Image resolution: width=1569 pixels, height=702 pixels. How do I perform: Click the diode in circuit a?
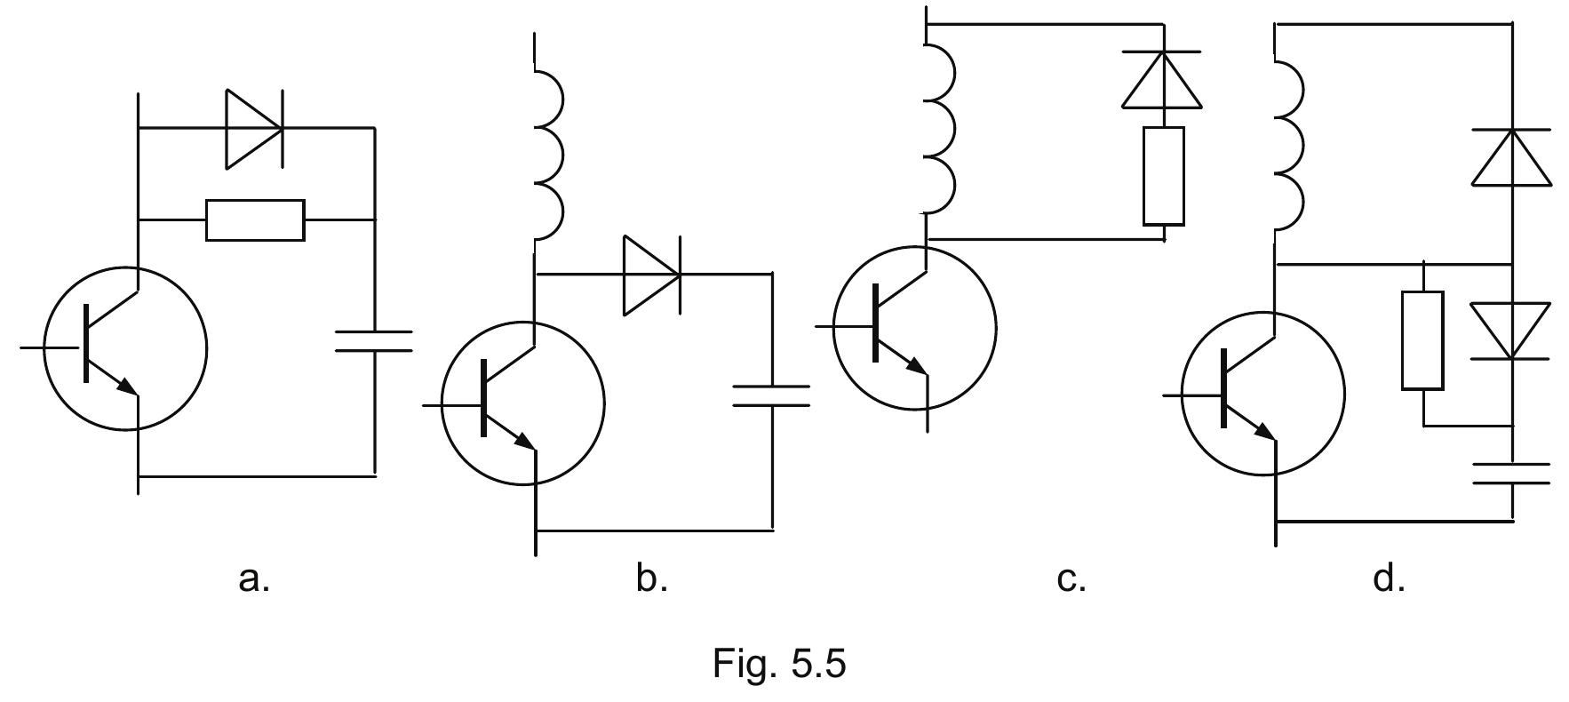[x=254, y=129]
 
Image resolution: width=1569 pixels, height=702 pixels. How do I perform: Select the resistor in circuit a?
[x=255, y=219]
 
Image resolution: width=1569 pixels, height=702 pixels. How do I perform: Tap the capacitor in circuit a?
[x=374, y=341]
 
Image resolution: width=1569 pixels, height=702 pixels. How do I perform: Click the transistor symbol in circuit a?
[x=124, y=348]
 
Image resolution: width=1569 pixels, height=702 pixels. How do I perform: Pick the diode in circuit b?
[x=652, y=275]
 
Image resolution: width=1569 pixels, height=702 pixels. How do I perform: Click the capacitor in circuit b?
[x=771, y=395]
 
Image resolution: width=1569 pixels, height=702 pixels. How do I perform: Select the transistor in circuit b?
[x=522, y=403]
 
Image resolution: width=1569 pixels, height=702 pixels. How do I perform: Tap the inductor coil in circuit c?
[x=940, y=129]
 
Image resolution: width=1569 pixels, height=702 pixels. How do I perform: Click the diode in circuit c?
[x=1163, y=80]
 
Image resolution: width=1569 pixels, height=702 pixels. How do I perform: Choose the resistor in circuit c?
[x=1163, y=175]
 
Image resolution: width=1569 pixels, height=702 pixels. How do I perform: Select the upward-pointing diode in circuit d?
[x=1511, y=157]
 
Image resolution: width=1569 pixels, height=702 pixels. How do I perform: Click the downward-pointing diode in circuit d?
[x=1511, y=331]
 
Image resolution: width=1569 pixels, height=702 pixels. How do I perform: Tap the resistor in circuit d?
[x=1422, y=340]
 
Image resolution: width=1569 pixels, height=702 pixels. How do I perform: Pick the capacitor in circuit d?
[x=1511, y=474]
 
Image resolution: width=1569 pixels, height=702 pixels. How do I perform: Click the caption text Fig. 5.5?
[x=779, y=663]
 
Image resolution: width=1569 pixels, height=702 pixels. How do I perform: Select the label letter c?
[x=1071, y=579]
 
